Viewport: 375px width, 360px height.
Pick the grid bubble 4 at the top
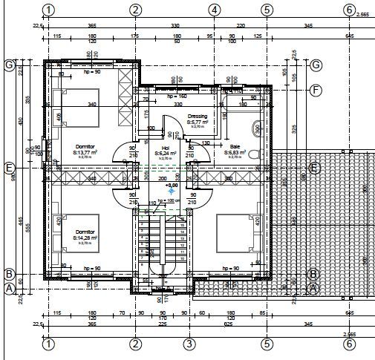coord(214,10)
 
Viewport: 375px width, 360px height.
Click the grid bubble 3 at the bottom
coord(189,344)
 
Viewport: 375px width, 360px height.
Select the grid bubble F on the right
coord(316,91)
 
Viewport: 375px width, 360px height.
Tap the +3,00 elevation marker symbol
coord(171,191)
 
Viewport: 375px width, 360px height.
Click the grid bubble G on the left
coord(10,65)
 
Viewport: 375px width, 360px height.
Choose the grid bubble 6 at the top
coord(349,10)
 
